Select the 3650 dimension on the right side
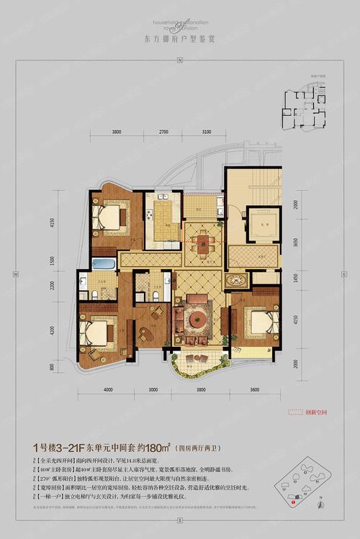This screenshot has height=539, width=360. (295, 244)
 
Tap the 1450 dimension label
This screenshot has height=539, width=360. (295, 276)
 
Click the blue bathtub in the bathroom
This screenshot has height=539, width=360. (103, 265)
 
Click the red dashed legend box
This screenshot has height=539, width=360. (297, 412)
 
